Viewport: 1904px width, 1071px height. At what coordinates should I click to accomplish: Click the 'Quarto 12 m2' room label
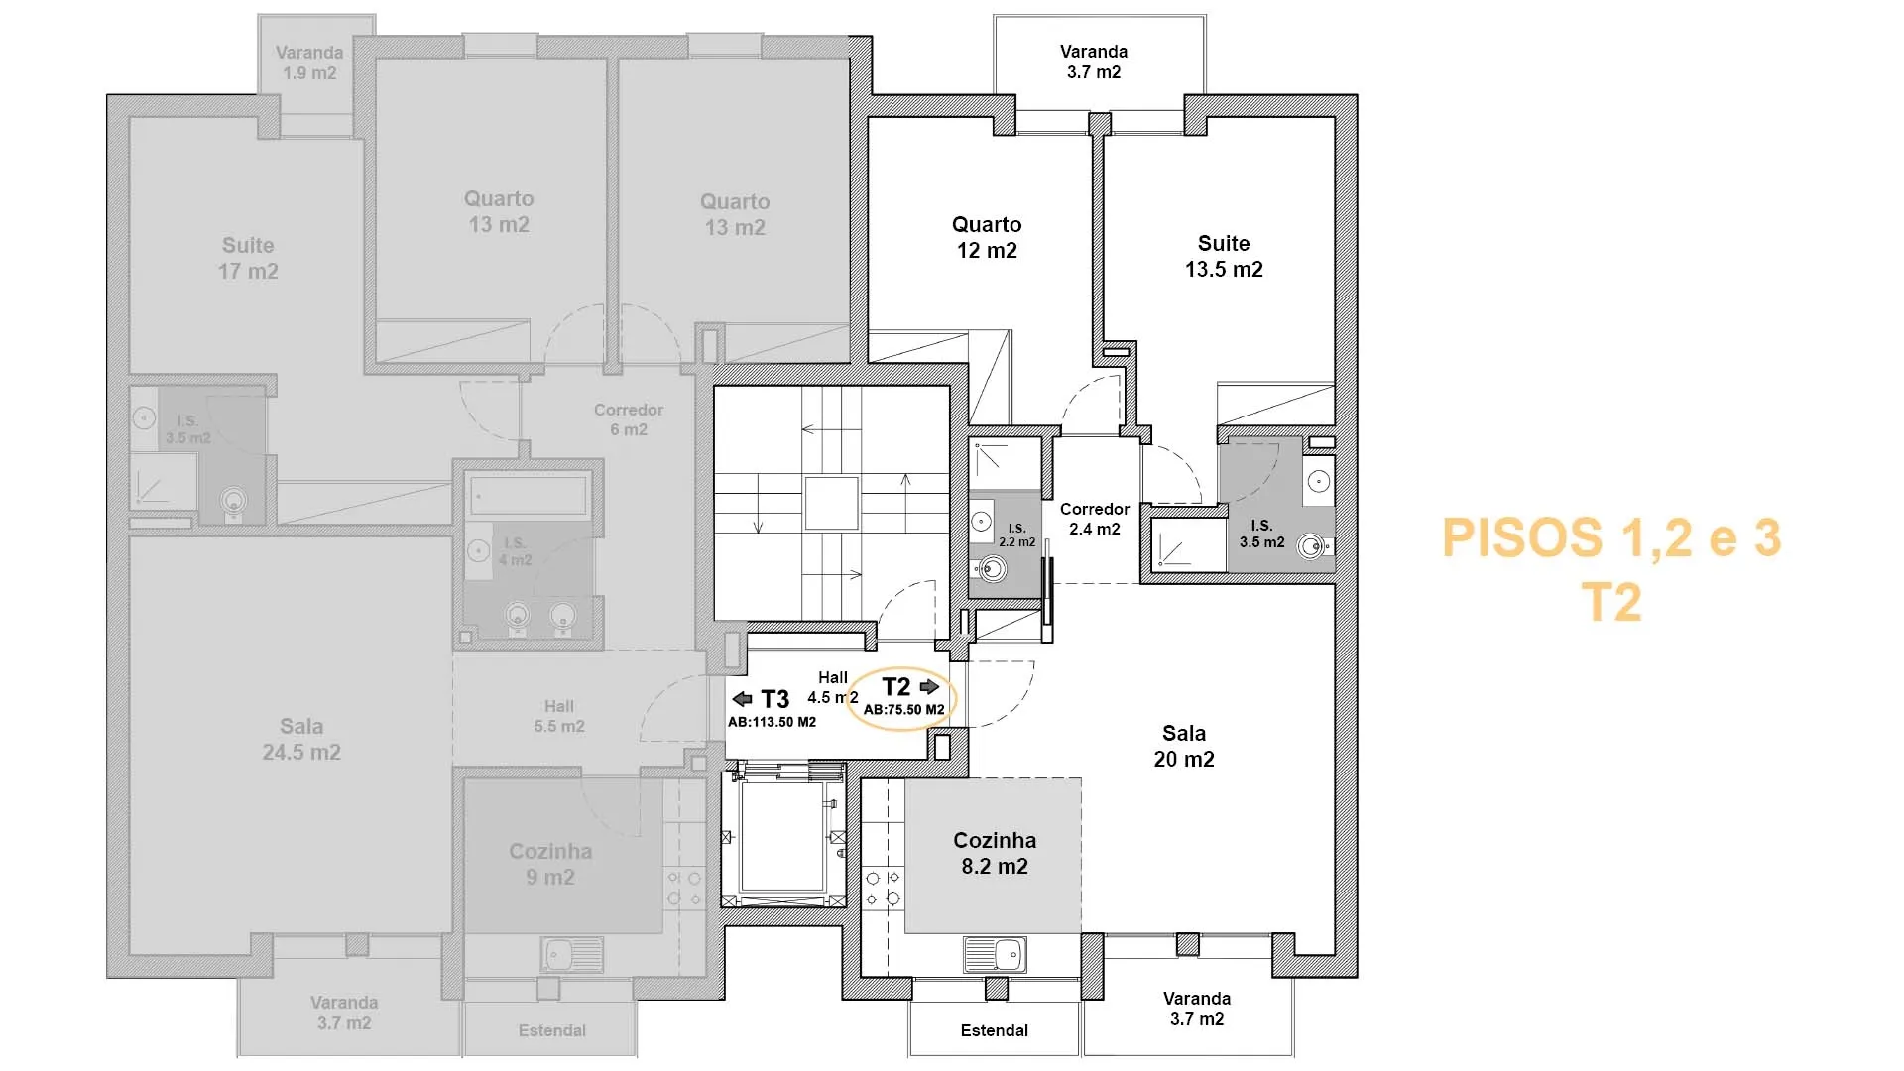pos(987,238)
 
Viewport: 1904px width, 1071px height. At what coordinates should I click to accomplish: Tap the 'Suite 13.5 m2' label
pos(1224,256)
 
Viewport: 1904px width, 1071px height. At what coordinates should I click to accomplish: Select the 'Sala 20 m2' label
pos(1184,746)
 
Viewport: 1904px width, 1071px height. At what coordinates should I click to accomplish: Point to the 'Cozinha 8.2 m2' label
pos(995,853)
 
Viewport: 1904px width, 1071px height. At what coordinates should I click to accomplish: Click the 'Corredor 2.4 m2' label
pos(1095,519)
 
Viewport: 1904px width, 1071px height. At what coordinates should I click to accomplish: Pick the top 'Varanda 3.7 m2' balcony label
pos(1094,61)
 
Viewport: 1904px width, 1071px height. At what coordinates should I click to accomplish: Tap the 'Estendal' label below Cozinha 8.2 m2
pos(995,1030)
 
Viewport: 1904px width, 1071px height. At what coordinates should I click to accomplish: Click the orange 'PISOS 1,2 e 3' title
pos(1611,537)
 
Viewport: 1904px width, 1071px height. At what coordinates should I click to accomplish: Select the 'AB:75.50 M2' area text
pos(903,709)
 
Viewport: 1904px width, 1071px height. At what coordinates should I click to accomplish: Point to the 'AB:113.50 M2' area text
pos(772,722)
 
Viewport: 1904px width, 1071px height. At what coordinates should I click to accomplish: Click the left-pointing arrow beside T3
pos(742,698)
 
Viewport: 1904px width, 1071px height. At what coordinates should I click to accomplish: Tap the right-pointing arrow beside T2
pos(929,686)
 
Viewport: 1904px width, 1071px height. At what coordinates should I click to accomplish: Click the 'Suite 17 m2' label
pos(248,258)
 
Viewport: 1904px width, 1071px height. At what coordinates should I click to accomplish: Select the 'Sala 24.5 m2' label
pos(301,739)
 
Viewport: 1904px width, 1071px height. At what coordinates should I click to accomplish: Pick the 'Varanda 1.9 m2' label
pos(309,62)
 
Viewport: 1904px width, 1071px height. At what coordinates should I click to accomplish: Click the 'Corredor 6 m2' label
pos(629,419)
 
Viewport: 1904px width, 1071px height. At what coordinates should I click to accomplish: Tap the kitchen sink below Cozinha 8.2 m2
pos(995,955)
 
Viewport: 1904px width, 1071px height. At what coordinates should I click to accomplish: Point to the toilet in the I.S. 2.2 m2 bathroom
pos(989,568)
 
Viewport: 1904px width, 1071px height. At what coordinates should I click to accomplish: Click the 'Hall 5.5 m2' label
pos(559,716)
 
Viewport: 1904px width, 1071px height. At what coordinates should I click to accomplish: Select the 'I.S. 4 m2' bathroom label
pos(515,551)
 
